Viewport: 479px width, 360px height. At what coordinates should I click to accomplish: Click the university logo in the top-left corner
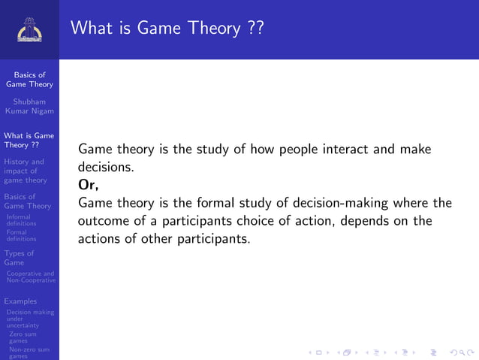point(29,29)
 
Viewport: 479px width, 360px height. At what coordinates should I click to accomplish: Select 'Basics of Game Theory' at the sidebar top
point(29,80)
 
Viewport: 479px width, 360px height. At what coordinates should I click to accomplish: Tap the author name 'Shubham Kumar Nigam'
point(29,107)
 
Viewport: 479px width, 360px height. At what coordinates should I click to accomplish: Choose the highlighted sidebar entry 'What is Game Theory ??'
point(29,140)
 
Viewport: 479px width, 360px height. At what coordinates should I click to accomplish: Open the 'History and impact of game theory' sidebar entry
point(26,171)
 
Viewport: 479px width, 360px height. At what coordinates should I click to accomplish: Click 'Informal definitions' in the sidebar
point(21,220)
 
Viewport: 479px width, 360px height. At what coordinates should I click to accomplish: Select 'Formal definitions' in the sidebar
point(21,235)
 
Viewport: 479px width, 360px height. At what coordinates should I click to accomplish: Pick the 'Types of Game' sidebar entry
point(20,258)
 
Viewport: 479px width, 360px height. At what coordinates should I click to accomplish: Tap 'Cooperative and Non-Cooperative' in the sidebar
point(30,277)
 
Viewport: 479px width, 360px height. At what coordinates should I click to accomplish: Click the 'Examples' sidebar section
point(20,301)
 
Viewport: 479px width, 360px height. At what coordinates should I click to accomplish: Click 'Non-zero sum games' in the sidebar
point(29,352)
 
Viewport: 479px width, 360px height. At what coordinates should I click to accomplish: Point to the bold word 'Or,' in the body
point(88,185)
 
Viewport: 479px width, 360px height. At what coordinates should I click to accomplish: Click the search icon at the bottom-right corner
point(455,352)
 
